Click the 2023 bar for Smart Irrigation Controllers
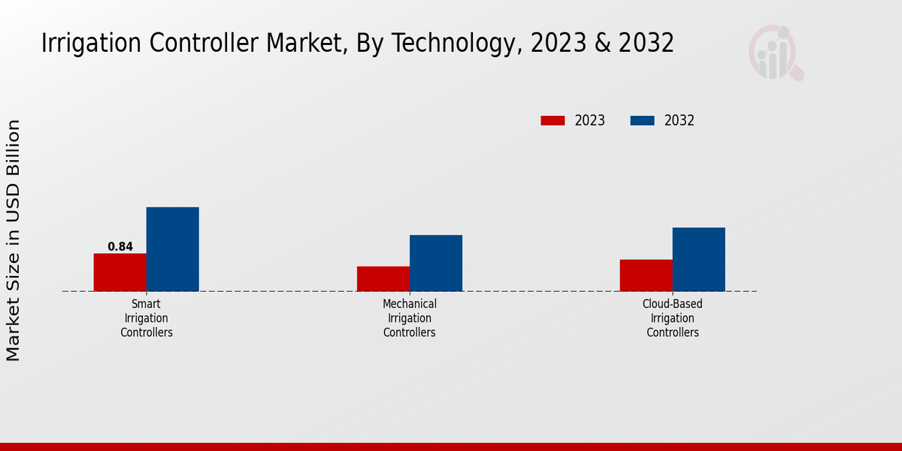120,272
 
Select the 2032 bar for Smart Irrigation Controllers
172,249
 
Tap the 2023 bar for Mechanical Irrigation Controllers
383,278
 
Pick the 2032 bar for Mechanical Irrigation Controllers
435,263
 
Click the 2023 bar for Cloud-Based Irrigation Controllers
646,275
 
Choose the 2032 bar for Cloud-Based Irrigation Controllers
698,259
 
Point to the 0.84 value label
120,247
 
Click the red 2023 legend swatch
552,120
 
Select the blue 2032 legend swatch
642,120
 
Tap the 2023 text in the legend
590,120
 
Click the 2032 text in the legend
680,120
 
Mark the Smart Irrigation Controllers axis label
147,318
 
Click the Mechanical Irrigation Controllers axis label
410,318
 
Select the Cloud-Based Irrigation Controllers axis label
673,318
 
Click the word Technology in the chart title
454,44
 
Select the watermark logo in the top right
774,53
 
